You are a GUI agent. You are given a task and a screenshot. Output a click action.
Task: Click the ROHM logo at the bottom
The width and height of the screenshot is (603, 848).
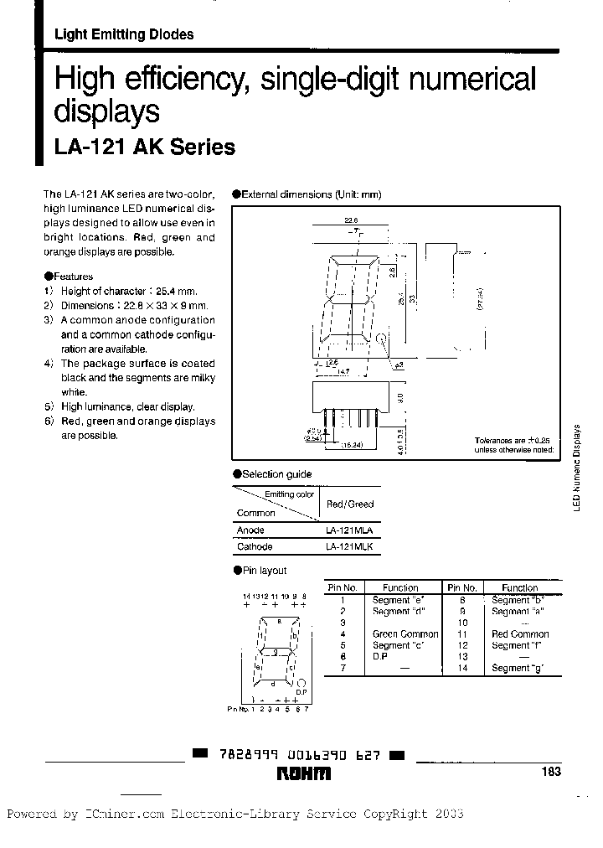coord(303,774)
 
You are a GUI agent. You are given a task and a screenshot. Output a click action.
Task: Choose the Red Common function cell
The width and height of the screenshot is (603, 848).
coord(520,634)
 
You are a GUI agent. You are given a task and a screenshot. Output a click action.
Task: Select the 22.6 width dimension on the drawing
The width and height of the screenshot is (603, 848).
coord(351,221)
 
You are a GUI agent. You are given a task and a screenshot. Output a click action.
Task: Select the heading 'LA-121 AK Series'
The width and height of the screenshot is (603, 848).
coord(145,147)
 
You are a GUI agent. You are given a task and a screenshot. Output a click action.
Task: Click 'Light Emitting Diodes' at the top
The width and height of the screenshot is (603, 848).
coord(124,34)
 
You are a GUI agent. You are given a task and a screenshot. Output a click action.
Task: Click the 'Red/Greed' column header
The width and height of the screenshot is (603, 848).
coord(349,504)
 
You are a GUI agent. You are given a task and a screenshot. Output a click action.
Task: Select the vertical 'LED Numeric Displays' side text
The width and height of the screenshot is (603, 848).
coord(577,464)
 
